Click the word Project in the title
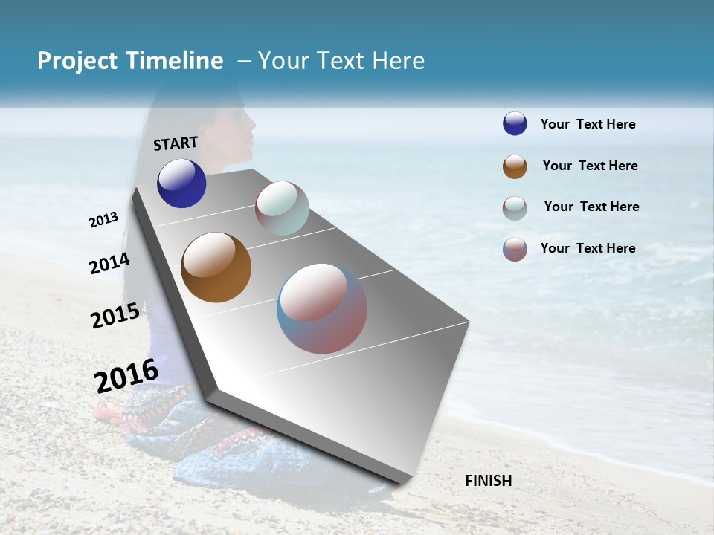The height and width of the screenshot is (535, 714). pyautogui.click(x=77, y=61)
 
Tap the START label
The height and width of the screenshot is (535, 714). pyautogui.click(x=176, y=143)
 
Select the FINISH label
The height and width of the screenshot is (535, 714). pyautogui.click(x=489, y=481)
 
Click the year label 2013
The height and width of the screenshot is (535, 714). pyautogui.click(x=103, y=220)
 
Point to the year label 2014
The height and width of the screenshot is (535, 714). pyautogui.click(x=109, y=263)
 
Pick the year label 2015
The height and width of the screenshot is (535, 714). pyautogui.click(x=115, y=316)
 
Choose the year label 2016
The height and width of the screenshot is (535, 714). pyautogui.click(x=126, y=375)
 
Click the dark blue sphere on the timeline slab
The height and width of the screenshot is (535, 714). pyautogui.click(x=181, y=183)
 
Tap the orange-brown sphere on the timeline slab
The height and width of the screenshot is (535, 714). pyautogui.click(x=216, y=267)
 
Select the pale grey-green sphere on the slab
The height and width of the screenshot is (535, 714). pyautogui.click(x=282, y=208)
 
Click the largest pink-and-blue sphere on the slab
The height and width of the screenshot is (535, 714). pyautogui.click(x=322, y=308)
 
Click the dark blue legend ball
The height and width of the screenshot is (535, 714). pyautogui.click(x=515, y=123)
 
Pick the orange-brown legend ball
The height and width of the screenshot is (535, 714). pyautogui.click(x=515, y=166)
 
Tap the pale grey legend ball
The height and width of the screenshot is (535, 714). pyautogui.click(x=515, y=208)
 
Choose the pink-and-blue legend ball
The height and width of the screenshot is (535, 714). pyautogui.click(x=515, y=249)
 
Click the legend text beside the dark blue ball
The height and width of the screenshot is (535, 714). pyautogui.click(x=588, y=124)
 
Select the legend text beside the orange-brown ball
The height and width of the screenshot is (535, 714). pyautogui.click(x=590, y=166)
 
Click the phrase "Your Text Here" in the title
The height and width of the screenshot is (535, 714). pyautogui.click(x=341, y=61)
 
